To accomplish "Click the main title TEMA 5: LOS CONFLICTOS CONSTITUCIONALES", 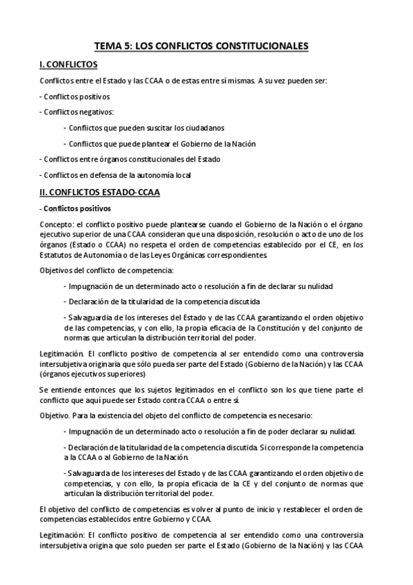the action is point(206,47).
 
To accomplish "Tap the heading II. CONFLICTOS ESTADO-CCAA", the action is point(99,192).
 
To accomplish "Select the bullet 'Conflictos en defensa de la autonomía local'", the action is point(115,175).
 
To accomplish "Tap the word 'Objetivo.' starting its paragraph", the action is point(55,416).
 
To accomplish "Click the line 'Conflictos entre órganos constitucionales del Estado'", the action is point(123,159).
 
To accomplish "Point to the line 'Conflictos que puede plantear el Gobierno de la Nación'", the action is point(159,143).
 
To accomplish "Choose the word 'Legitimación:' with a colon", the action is point(61,535).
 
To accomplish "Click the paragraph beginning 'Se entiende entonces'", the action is point(206,395).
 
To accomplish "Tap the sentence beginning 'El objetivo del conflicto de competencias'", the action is point(206,514).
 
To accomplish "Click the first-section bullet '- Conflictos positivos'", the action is point(74,96).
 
